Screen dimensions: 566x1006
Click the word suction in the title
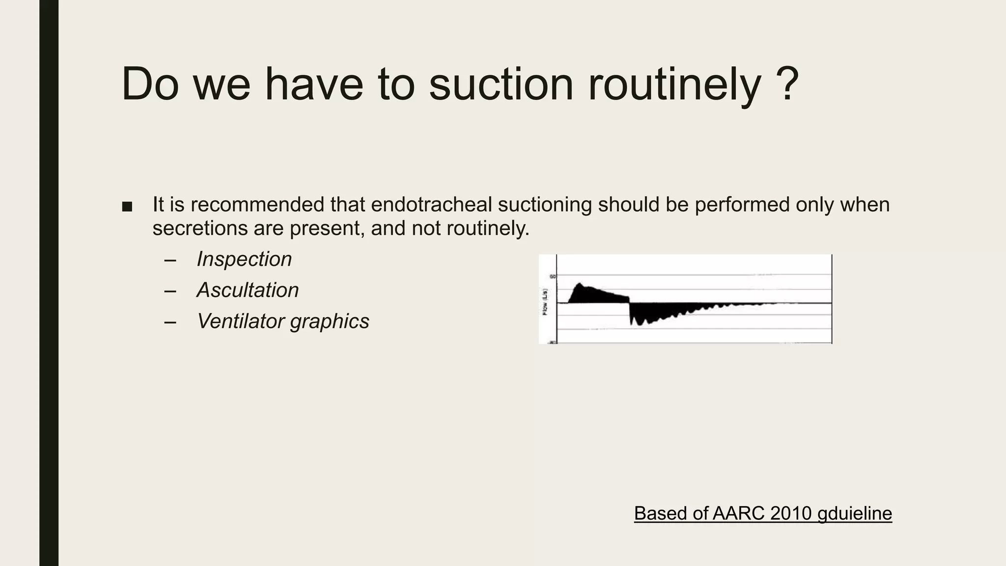501,85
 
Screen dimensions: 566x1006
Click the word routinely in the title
674,85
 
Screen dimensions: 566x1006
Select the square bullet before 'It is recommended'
127,207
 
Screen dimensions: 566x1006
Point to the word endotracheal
432,205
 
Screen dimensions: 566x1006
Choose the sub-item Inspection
244,259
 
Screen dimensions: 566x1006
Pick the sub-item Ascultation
247,290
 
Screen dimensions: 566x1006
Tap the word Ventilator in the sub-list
240,321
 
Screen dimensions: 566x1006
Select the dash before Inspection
170,260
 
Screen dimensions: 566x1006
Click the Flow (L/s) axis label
545,302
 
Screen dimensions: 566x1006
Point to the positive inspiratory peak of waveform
580,285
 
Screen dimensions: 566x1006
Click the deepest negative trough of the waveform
633,323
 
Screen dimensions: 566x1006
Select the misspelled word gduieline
854,513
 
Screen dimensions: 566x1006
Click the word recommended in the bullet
258,205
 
